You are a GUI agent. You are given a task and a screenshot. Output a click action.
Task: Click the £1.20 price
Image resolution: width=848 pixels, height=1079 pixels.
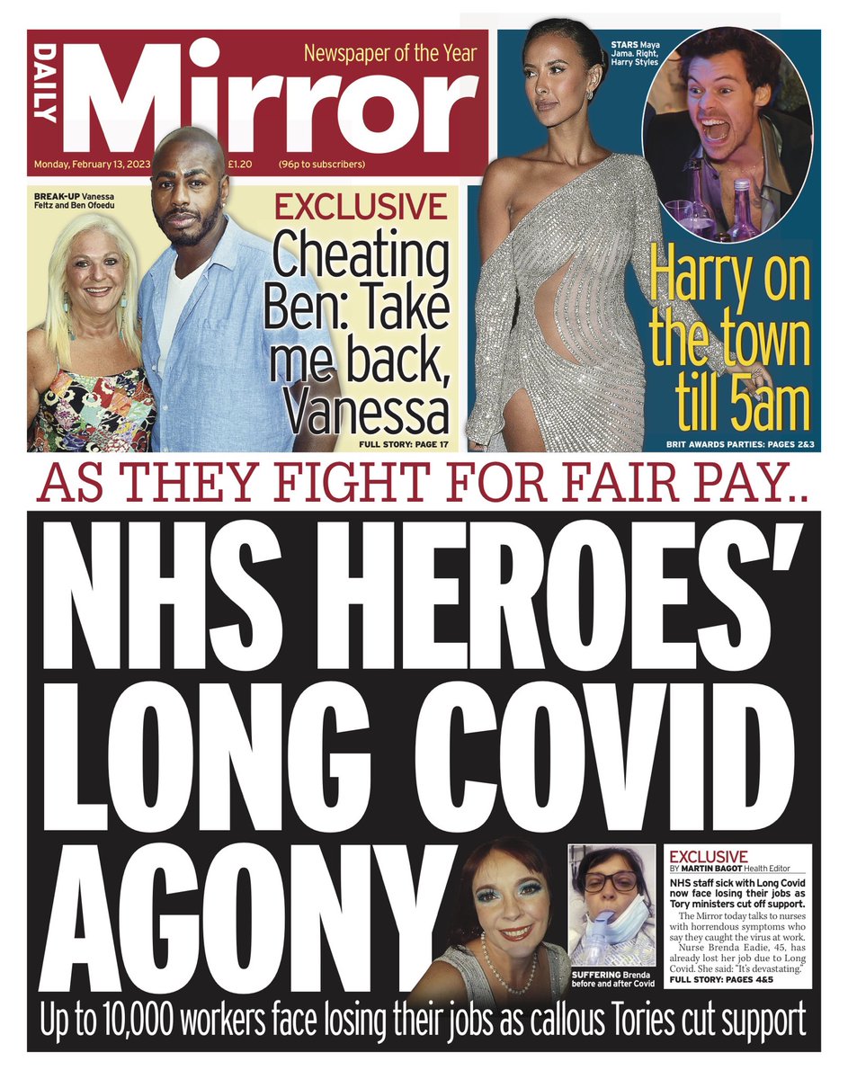[x=239, y=165]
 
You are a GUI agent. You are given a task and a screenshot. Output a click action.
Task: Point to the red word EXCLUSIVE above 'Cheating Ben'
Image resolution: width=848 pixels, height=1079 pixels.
[x=361, y=209]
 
